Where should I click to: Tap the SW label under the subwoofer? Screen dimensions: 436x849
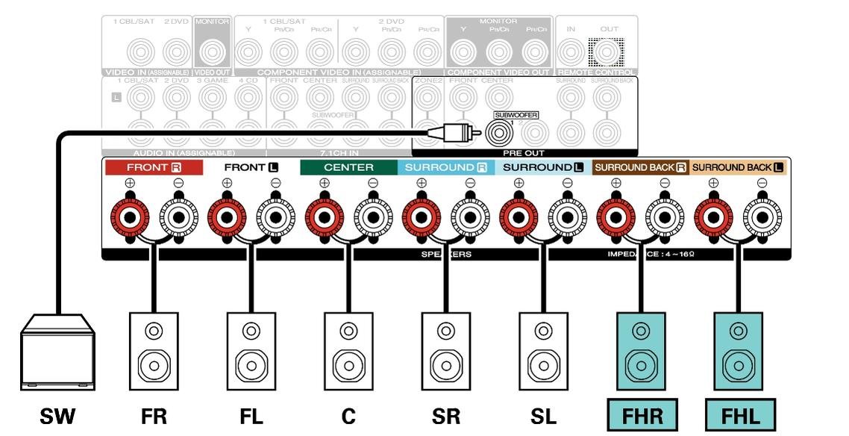pos(57,416)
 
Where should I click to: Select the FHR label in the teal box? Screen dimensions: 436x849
pos(642,416)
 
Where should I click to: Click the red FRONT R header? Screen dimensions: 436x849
pos(154,167)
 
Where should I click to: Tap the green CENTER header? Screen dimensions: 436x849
pos(348,167)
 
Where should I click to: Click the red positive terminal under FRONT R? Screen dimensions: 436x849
pos(129,218)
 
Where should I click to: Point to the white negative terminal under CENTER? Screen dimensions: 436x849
pos(372,218)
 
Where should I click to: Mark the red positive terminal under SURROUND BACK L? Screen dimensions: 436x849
pos(713,218)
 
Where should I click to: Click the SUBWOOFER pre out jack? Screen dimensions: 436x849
pos(498,133)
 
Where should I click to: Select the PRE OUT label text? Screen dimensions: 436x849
pos(523,152)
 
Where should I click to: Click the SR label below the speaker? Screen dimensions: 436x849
pos(446,416)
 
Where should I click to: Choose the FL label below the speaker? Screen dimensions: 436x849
pos(251,416)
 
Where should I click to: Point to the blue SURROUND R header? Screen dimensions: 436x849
pos(446,167)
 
